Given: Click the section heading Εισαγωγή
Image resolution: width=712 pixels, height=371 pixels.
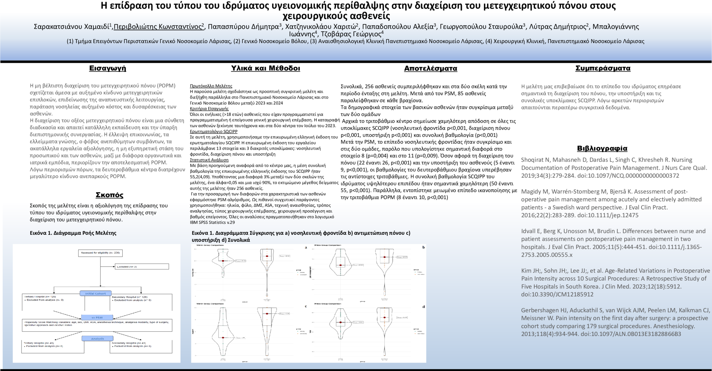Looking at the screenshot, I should click(107, 68).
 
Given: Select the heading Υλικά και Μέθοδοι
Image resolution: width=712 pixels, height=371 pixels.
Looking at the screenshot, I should click(265, 68).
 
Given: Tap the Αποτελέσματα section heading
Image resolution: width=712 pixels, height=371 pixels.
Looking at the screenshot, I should click(430, 68).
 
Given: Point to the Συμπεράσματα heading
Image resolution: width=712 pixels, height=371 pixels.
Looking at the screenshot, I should click(602, 68).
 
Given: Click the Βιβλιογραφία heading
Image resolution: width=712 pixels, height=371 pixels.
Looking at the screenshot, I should click(602, 148).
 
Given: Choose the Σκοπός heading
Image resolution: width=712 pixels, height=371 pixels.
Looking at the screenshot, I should click(110, 195).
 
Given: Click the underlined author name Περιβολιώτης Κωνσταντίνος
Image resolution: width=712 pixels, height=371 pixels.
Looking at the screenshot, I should click(158, 27).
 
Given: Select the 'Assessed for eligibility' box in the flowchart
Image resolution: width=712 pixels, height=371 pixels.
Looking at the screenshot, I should click(100, 253).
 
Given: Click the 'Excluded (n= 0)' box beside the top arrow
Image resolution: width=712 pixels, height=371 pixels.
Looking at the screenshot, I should click(142, 267).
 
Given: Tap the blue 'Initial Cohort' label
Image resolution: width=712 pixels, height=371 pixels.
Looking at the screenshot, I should click(96, 293).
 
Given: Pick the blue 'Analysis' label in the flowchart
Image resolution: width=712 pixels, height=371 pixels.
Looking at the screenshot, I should click(97, 339).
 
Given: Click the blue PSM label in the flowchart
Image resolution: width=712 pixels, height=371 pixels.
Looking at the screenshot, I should click(97, 317).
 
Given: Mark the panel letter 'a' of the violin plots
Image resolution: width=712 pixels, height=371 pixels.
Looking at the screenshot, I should click(306, 248).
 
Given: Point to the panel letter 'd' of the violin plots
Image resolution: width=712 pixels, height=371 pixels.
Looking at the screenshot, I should click(423, 307).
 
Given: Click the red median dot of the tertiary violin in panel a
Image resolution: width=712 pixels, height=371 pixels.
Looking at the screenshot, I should click(223, 261).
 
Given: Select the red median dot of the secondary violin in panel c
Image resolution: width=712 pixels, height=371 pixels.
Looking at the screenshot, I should click(267, 314).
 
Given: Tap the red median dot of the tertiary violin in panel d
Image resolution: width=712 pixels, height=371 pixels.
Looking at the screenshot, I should click(341, 322).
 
